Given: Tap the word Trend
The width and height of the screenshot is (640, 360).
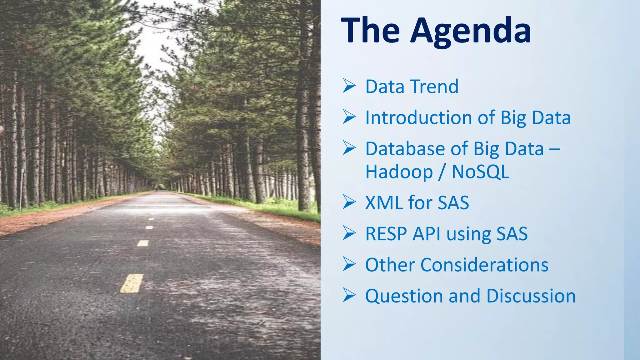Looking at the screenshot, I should tap(434, 87).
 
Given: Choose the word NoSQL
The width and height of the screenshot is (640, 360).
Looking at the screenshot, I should tap(480, 172).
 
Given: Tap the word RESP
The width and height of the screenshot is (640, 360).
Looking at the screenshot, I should tap(386, 234).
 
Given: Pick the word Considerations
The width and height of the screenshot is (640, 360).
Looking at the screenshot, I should tap(484, 265).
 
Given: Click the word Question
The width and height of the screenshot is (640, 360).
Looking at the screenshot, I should tap(404, 296).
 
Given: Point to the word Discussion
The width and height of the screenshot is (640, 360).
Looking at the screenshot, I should tap(531, 296).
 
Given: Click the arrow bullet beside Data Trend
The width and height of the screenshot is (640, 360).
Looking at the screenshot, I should tap(349, 86).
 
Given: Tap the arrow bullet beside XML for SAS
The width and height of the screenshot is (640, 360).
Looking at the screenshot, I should tap(349, 202).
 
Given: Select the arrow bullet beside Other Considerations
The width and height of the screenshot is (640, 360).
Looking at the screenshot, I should tap(349, 264).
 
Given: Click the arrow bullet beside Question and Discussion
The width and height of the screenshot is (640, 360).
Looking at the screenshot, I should tap(349, 295).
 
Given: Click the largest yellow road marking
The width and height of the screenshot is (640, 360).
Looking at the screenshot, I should tap(132, 283).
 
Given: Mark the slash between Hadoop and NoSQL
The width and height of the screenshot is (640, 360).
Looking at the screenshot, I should tap(441, 172).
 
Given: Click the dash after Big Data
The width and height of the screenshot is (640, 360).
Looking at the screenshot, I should tap(554, 149).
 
